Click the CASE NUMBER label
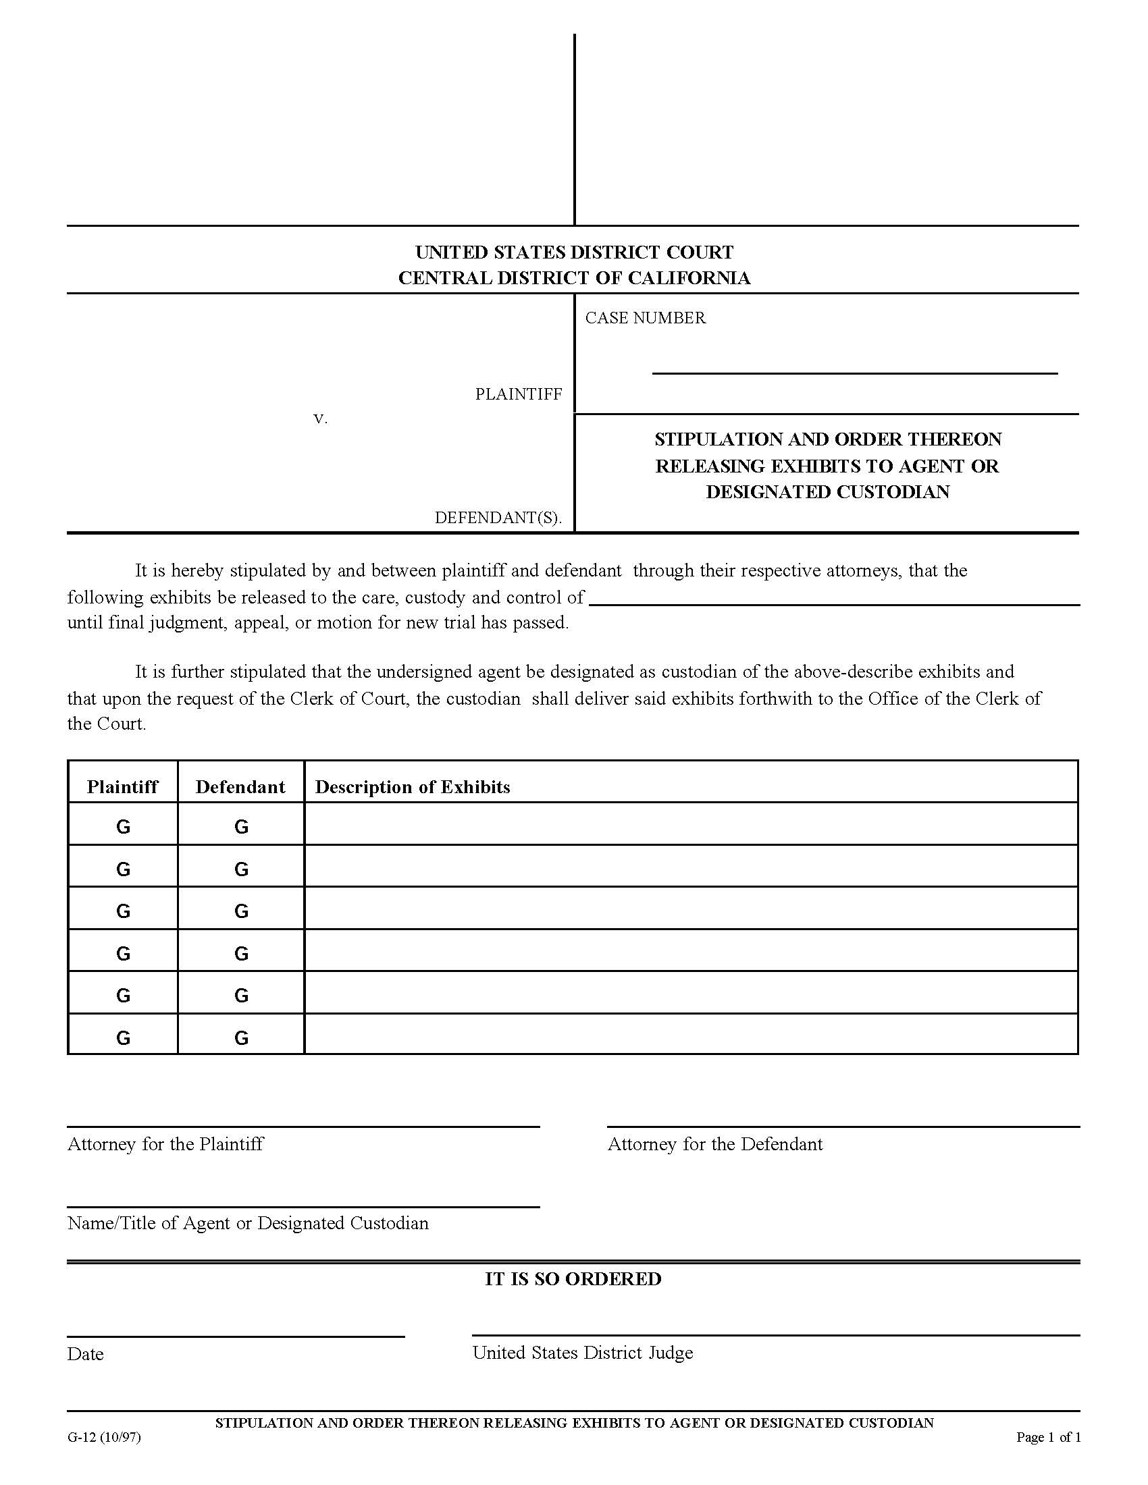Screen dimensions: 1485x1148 tap(645, 317)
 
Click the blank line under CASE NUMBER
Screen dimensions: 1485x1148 tap(854, 371)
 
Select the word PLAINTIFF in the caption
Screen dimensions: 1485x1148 tap(518, 394)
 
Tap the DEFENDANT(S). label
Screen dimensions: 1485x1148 tap(498, 518)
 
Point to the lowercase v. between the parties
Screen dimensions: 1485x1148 tap(320, 418)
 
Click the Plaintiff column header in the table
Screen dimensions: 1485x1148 tap(122, 786)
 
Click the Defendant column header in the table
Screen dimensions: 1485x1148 tap(240, 786)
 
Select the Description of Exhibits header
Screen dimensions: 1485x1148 tap(412, 786)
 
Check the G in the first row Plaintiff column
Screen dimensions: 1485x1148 tap(123, 827)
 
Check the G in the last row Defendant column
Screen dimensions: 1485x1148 tap(241, 1037)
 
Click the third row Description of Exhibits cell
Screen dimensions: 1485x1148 tap(690, 908)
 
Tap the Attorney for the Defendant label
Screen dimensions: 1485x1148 tap(714, 1144)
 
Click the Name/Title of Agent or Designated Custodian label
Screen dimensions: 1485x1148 tap(248, 1223)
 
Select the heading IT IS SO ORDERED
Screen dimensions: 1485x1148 tap(573, 1279)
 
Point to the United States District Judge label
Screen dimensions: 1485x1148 tap(583, 1353)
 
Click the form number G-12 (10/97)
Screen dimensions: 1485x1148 tap(104, 1436)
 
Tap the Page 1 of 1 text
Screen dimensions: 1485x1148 tap(1048, 1436)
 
